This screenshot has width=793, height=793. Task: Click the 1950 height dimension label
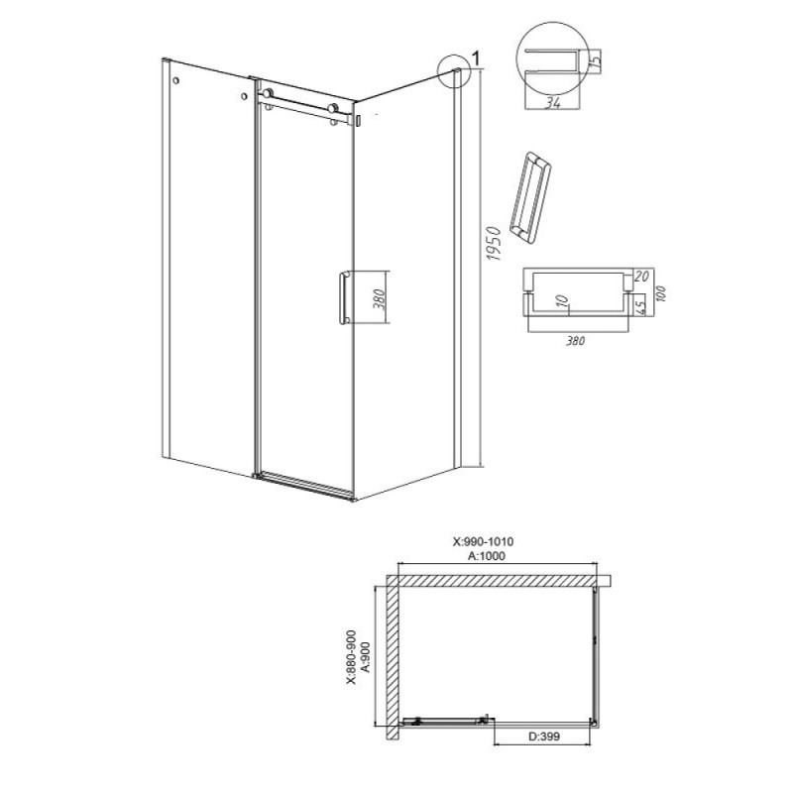point(493,244)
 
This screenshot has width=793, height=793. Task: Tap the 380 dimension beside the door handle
point(381,298)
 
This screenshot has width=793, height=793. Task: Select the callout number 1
point(477,58)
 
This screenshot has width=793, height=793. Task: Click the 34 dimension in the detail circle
point(553,103)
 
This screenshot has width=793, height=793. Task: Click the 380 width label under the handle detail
point(575,341)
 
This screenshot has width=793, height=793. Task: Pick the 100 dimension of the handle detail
point(660,293)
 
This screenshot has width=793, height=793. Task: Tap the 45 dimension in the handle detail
point(639,306)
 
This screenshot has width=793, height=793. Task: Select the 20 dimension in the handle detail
point(640,277)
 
